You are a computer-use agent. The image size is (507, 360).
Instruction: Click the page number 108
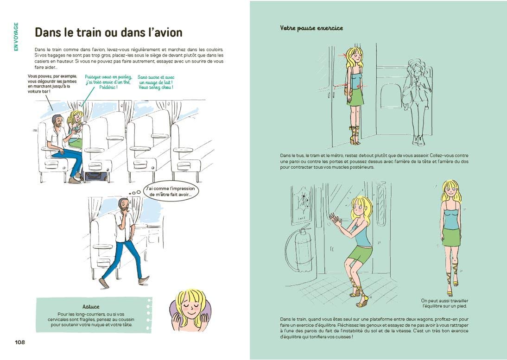pyautogui.click(x=19, y=342)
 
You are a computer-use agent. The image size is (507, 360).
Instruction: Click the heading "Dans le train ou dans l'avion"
pyautogui.click(x=108, y=32)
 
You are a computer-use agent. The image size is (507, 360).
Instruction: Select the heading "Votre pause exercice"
pyautogui.click(x=311, y=28)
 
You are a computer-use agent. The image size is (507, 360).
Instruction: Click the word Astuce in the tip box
pyautogui.click(x=90, y=307)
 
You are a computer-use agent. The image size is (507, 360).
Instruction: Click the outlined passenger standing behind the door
pyautogui.click(x=415, y=102)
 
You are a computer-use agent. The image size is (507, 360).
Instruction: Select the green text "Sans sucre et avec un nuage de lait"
pyautogui.click(x=155, y=82)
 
